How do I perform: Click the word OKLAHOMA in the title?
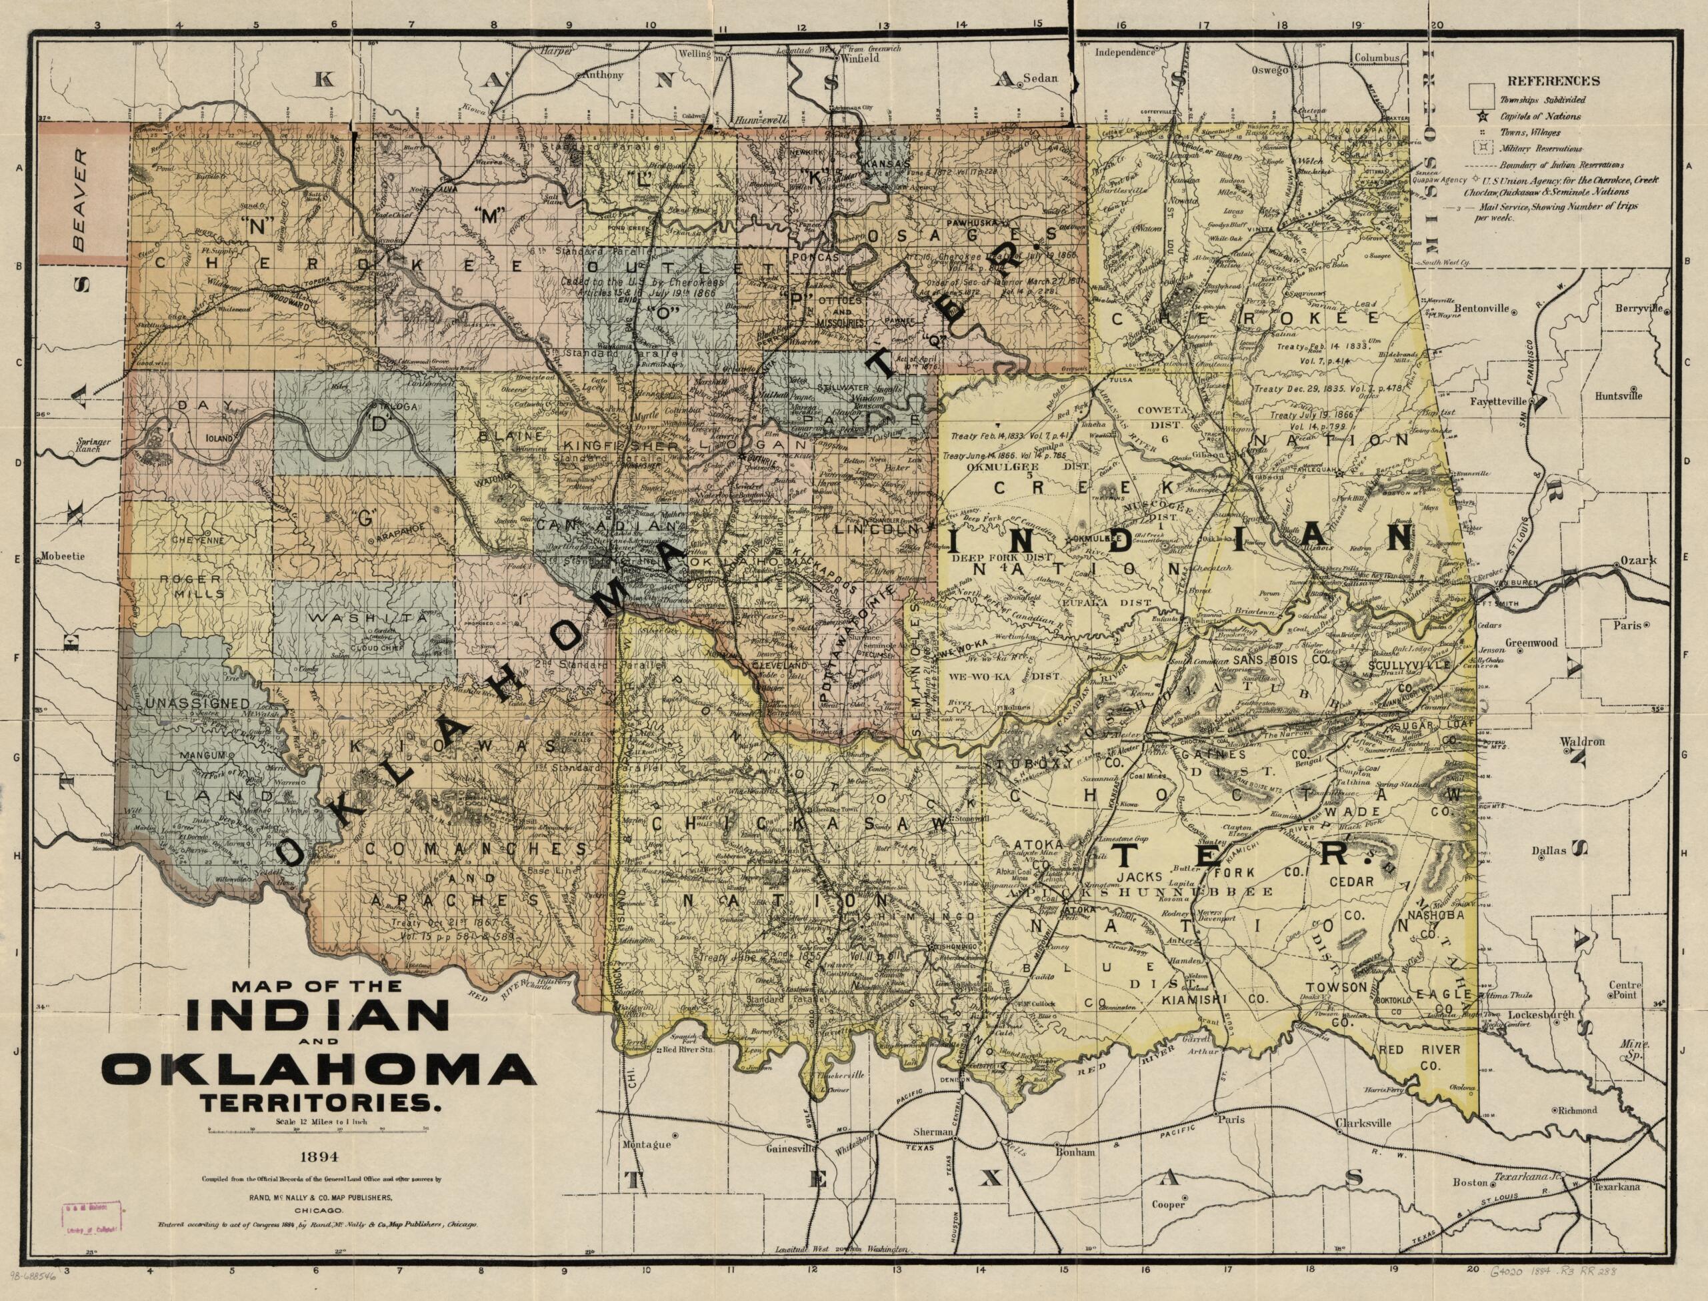[x=318, y=1071]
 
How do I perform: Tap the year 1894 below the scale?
[x=319, y=1158]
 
